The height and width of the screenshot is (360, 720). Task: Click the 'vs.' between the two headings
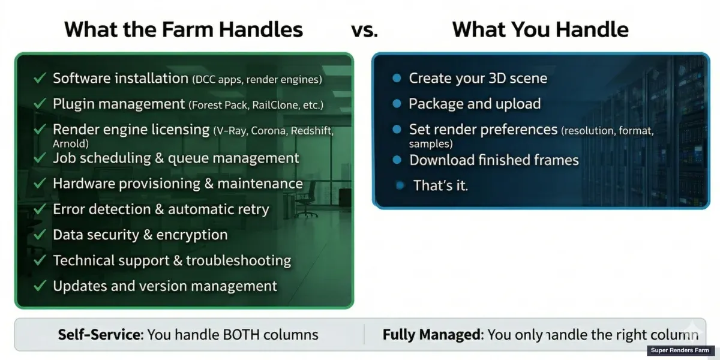364,29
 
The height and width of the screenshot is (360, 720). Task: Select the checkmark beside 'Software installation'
40,78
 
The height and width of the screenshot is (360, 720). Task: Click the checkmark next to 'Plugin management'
40,104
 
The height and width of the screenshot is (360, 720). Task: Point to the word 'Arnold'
70,144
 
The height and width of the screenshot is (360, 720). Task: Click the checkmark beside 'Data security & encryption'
40,235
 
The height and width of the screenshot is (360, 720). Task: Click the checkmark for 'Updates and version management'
40,286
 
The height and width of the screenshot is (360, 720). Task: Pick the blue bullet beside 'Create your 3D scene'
396,78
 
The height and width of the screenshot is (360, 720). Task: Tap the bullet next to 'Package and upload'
396,104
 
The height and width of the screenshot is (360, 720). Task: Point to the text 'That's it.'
440,186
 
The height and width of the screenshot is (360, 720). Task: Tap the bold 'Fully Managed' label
432,334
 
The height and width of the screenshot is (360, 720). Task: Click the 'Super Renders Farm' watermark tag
680,350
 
